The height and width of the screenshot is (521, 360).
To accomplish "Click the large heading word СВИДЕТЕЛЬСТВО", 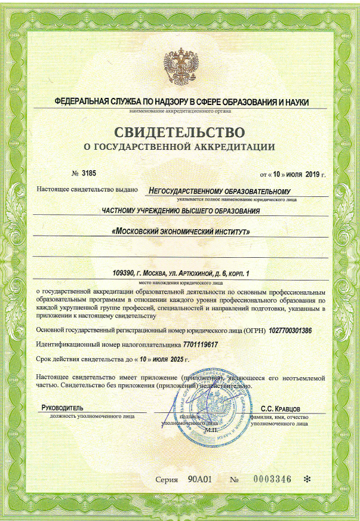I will click(x=179, y=131).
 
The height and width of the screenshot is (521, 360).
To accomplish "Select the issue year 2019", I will click(x=313, y=174).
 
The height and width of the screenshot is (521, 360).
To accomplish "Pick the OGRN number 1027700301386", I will click(x=290, y=330).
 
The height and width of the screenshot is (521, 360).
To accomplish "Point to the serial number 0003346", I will click(x=271, y=479).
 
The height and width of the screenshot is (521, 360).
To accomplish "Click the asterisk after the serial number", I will click(x=307, y=479).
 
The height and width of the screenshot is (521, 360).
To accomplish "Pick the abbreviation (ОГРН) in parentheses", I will click(x=254, y=330).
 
